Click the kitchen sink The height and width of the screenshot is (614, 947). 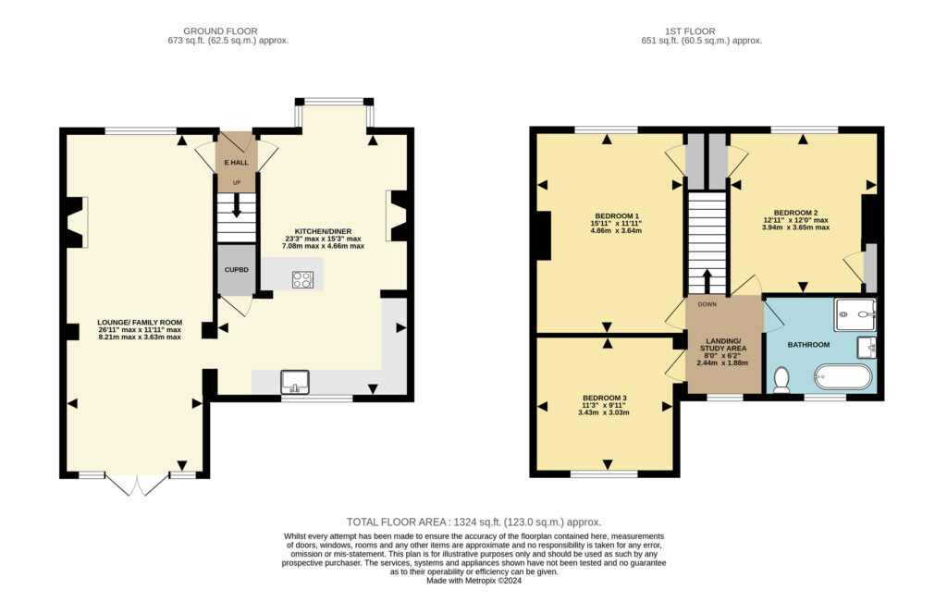tap(295, 382)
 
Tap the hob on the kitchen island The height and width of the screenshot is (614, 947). tap(302, 279)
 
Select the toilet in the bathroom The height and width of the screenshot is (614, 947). tap(781, 380)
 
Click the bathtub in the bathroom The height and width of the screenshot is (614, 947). tap(843, 376)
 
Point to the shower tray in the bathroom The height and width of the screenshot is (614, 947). tap(855, 314)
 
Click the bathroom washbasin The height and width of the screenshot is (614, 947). tap(867, 347)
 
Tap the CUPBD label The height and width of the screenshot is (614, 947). tap(236, 270)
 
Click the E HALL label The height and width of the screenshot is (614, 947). tap(236, 163)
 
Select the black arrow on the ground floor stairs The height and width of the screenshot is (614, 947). tap(236, 204)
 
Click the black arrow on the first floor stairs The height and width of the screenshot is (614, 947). tap(707, 281)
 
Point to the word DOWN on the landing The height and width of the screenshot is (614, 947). tap(707, 304)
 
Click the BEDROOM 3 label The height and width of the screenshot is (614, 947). tap(604, 398)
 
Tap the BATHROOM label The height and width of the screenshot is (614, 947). tap(808, 345)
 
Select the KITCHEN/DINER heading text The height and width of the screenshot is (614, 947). tap(323, 231)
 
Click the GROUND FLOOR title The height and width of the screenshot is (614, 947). tap(220, 31)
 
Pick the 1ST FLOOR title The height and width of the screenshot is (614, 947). tap(690, 31)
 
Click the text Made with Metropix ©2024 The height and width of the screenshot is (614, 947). tap(473, 581)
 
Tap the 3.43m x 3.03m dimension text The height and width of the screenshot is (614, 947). tap(604, 413)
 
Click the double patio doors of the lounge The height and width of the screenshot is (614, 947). tap(137, 485)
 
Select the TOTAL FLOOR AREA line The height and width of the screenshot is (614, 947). tap(473, 522)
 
